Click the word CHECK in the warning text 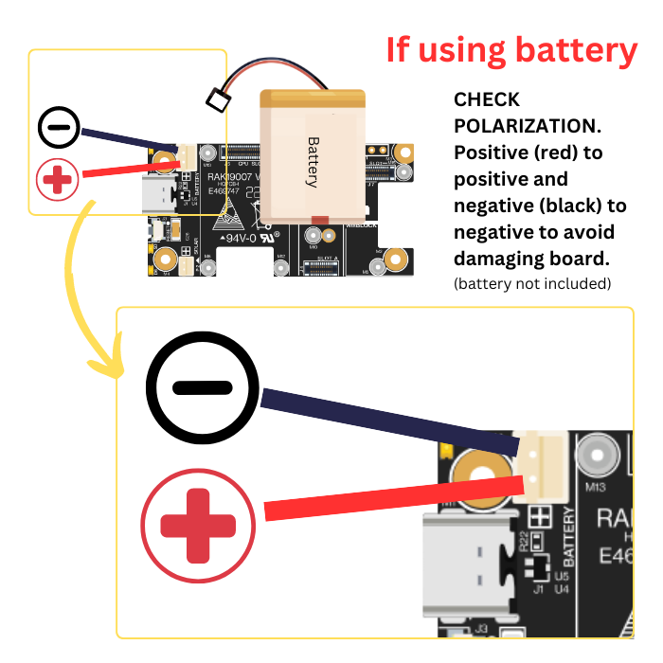(x=487, y=99)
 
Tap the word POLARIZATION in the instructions (x=528, y=126)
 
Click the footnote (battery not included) (x=531, y=283)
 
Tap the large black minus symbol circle (x=203, y=387)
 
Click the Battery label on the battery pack (x=313, y=162)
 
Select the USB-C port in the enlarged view (x=465, y=568)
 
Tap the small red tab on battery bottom (x=319, y=220)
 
